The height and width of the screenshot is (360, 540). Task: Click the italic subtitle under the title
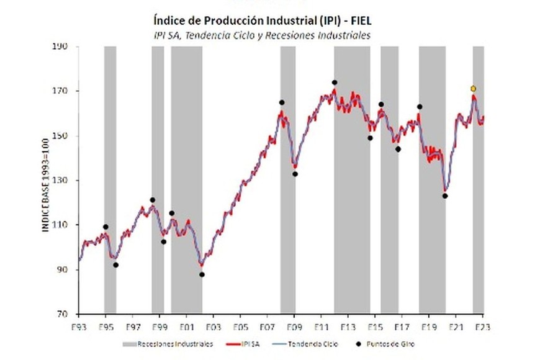click(261, 35)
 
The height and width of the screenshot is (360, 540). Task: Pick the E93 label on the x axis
click(79, 325)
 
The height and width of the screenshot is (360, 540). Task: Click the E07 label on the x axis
click(268, 325)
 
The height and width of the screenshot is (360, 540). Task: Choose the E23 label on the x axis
click(483, 325)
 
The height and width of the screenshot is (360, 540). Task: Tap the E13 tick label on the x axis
click(348, 325)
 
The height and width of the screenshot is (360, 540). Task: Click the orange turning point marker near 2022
click(473, 89)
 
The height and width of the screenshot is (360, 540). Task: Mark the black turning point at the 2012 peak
click(335, 83)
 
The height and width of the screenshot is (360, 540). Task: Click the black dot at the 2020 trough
click(445, 196)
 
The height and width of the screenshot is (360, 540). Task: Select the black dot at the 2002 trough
click(202, 274)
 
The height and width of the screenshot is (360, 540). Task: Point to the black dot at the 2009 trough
click(295, 174)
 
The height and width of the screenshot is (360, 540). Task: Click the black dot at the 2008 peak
click(282, 102)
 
